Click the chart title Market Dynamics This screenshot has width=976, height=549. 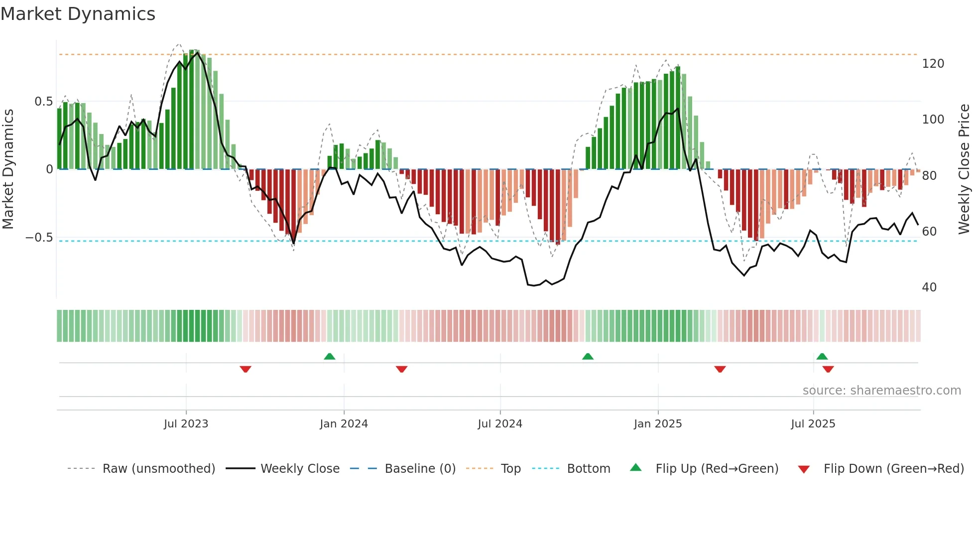pos(78,14)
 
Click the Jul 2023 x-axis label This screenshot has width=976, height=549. pos(186,424)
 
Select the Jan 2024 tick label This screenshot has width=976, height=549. pos(344,424)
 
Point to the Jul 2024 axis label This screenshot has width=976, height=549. pos(500,424)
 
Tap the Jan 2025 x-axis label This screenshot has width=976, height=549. pos(658,424)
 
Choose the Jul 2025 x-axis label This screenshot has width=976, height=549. pos(813,424)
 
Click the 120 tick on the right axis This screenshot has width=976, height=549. pos(933,64)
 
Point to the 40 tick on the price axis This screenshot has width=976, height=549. pos(929,287)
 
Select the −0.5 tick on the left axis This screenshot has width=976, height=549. pos(39,238)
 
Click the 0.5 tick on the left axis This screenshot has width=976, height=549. pos(43,102)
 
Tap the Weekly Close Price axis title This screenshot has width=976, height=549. pos(964,169)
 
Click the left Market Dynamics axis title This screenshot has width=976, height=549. pos(8,169)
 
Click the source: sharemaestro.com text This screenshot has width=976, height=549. pos(881,391)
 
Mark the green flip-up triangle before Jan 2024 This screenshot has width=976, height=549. pos(330,356)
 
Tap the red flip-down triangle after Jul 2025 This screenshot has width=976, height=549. pos(828,369)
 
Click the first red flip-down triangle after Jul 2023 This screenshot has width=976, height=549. pos(245,369)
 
